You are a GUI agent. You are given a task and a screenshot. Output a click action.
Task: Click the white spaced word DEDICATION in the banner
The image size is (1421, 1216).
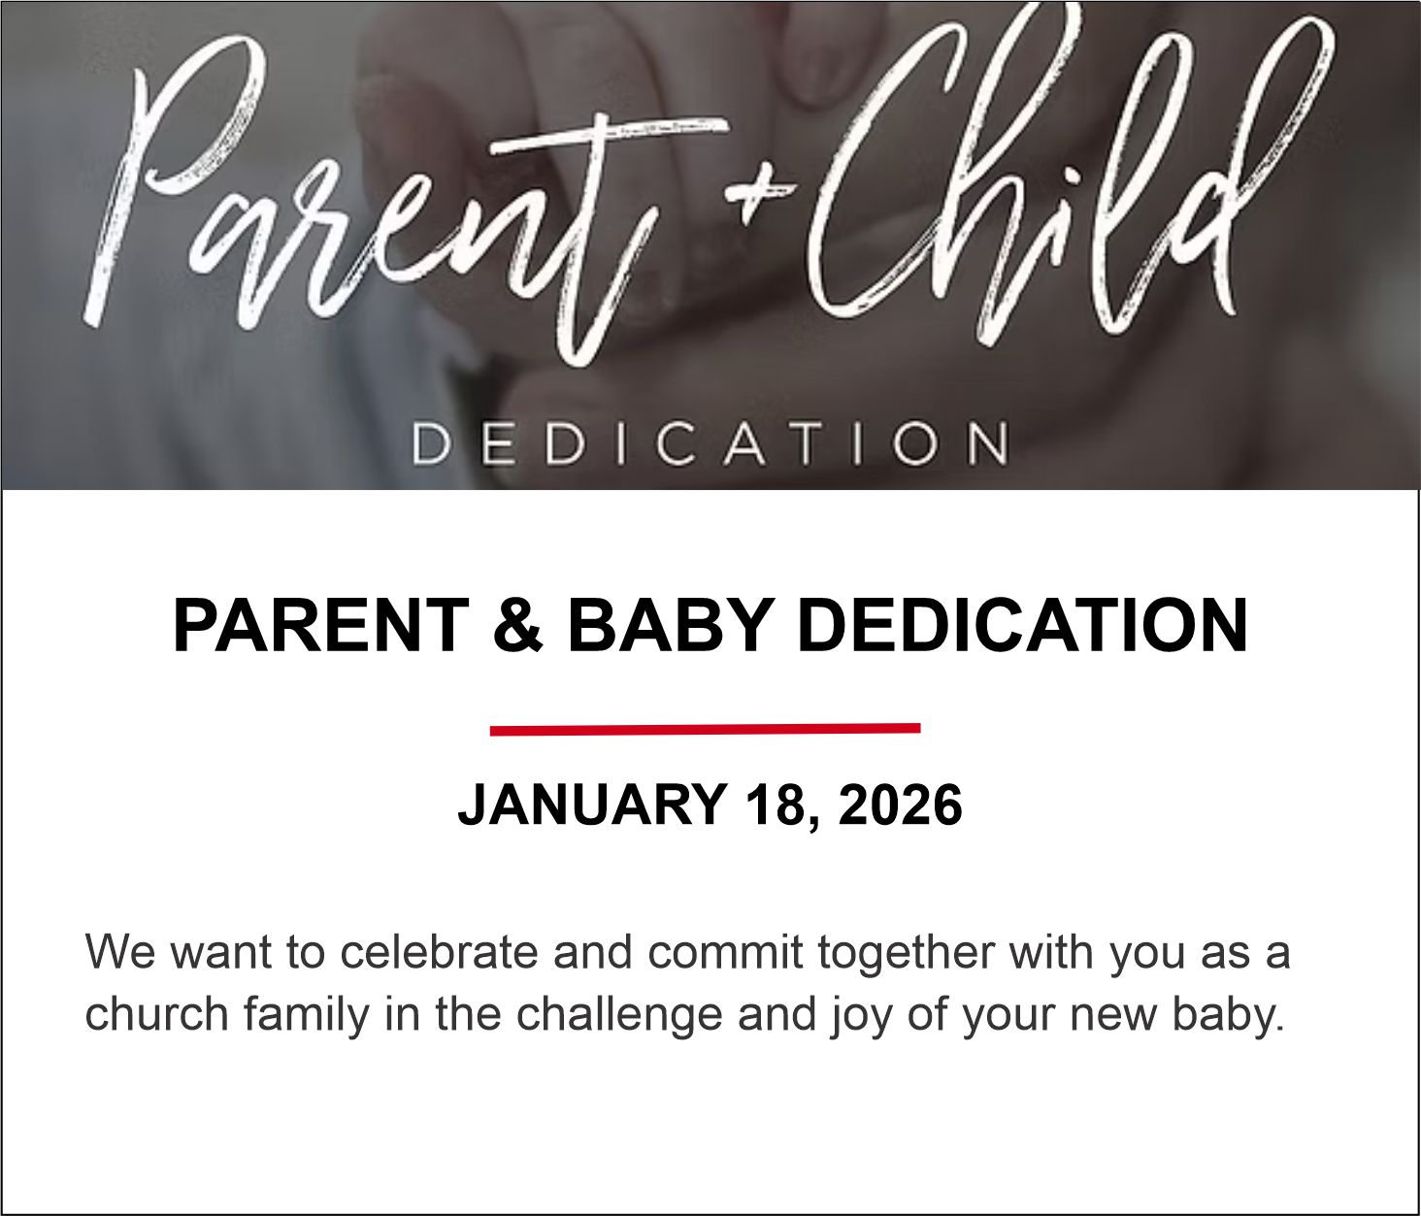[710, 444]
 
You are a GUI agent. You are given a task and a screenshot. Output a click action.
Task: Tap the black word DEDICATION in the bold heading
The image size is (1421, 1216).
[1021, 626]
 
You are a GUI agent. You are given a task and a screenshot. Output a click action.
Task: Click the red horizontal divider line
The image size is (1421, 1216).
[705, 730]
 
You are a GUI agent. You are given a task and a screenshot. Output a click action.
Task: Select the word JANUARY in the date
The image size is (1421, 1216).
[592, 805]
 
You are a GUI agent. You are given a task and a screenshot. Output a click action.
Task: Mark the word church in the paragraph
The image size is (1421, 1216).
[156, 1014]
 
